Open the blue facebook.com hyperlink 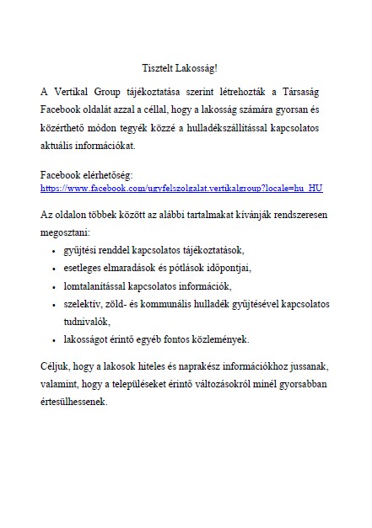pyautogui.click(x=181, y=188)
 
